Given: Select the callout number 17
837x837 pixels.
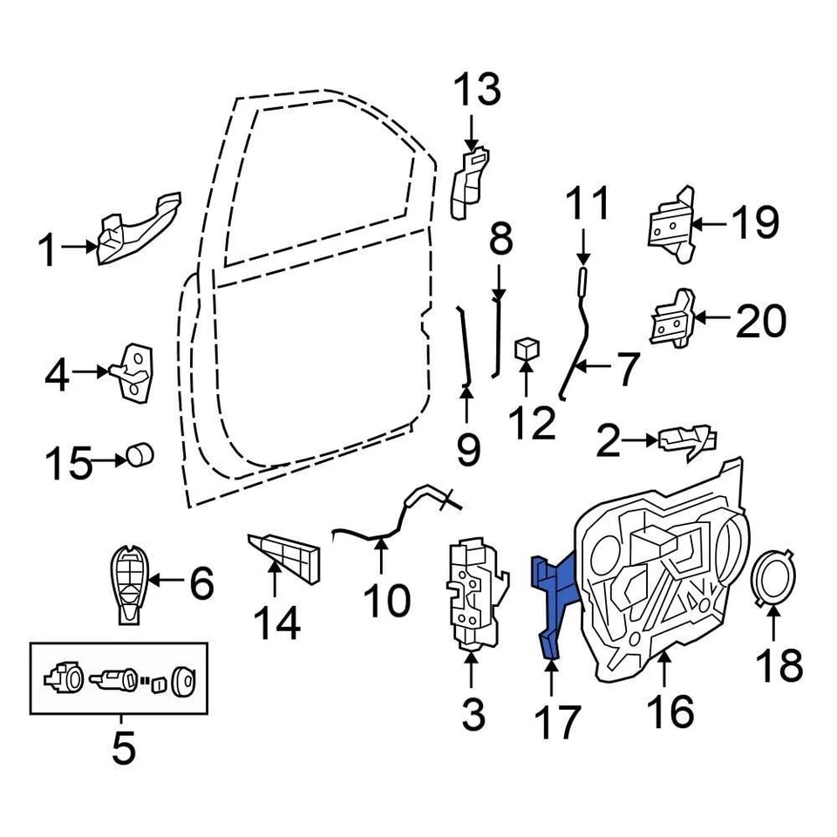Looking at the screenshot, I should [555, 722].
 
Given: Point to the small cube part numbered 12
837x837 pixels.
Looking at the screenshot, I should [527, 350].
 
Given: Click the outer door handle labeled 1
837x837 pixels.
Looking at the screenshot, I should [138, 230].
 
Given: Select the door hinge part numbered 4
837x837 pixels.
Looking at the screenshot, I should [137, 372].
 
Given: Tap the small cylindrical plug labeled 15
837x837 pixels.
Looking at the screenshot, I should [139, 455].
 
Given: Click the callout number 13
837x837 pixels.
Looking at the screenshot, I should [477, 91].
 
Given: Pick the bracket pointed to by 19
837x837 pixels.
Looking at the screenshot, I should [670, 224].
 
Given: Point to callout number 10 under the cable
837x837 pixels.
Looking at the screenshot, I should [385, 600].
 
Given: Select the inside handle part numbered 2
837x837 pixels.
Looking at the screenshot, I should [689, 441].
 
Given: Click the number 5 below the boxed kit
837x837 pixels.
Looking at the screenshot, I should [122, 746].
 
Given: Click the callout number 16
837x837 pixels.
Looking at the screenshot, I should [670, 711].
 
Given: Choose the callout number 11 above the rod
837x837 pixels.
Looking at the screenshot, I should [588, 206].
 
